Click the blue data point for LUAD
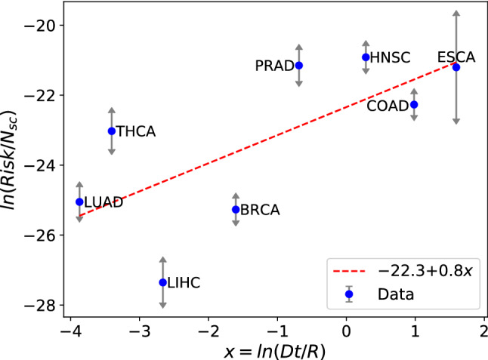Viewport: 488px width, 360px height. pos(79,202)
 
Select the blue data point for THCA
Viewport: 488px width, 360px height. pos(112,131)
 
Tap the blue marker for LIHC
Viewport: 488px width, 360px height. pos(162,282)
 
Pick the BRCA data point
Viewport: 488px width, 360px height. pos(236,209)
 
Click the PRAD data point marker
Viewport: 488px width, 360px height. pos(299,66)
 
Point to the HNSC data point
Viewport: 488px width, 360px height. pos(366,57)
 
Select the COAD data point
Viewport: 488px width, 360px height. pos(414,104)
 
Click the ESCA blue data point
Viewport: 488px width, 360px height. pos(456,67)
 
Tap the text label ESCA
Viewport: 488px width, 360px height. pos(456,57)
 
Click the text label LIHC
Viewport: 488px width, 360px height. pos(185,282)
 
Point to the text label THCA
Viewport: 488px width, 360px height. pos(136,131)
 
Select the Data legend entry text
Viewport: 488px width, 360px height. pos(394,295)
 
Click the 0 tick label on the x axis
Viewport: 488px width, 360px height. pos(346,331)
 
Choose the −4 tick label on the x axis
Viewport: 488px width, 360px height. pos(71,331)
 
